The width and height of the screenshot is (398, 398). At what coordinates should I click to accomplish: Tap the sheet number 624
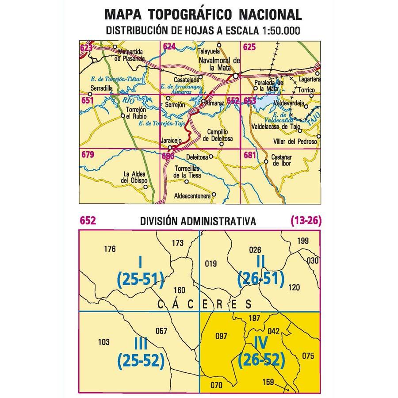tap(169, 46)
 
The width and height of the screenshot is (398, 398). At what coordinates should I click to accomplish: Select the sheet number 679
tap(88, 155)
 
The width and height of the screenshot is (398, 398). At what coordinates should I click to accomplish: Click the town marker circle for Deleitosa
tap(211, 156)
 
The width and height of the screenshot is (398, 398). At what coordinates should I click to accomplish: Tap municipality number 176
tap(109, 249)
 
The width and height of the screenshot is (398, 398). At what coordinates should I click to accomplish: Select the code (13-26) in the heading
tap(306, 220)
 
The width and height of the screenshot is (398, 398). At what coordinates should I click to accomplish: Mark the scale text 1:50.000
tap(275, 31)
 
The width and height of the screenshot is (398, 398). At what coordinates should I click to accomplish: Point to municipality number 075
tap(307, 355)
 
